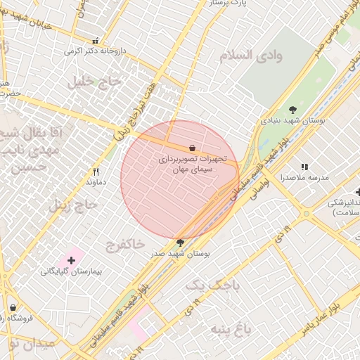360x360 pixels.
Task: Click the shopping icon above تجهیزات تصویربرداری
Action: pyautogui.click(x=193, y=148)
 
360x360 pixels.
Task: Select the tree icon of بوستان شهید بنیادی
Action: pyautogui.click(x=292, y=109)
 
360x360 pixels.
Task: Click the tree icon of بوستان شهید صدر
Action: pyautogui.click(x=181, y=243)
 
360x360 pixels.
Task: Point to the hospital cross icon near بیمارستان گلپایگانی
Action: pyautogui.click(x=71, y=260)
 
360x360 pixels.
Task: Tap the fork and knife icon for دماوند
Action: pyautogui.click(x=96, y=172)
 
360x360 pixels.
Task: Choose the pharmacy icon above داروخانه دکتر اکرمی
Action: pyautogui.click(x=96, y=41)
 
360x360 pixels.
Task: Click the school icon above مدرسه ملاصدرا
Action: pyautogui.click(x=304, y=167)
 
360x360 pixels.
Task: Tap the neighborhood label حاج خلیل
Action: pyautogui.click(x=95, y=82)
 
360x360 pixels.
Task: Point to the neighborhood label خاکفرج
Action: pyautogui.click(x=125, y=245)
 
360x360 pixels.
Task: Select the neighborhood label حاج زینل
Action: pyautogui.click(x=70, y=205)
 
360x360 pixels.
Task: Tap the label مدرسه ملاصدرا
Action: pyautogui.click(x=305, y=178)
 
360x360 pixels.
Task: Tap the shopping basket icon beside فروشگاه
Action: pyautogui.click(x=13, y=307)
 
